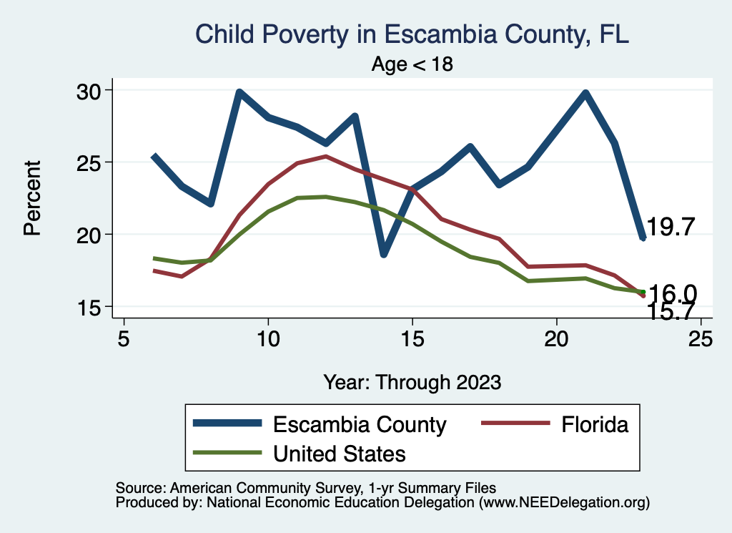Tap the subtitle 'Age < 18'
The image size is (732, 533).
(412, 64)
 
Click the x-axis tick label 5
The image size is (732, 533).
(124, 338)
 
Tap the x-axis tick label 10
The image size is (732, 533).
(268, 338)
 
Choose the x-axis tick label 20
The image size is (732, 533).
(556, 338)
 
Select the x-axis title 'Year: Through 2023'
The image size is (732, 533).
(412, 381)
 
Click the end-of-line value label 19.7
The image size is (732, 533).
(671, 228)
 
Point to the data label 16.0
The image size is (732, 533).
(672, 293)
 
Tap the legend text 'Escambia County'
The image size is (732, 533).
(360, 424)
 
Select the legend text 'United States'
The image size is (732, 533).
(340, 453)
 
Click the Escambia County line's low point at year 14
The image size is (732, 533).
(384, 254)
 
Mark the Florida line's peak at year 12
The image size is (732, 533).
(326, 156)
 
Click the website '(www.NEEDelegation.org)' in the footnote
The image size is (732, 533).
(564, 503)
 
